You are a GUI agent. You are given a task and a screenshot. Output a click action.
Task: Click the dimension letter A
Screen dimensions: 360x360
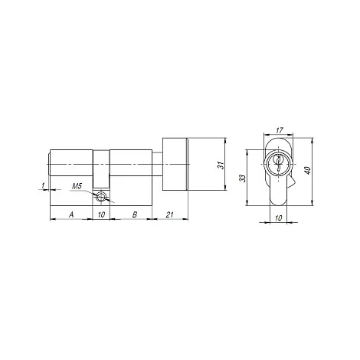coord(71,214)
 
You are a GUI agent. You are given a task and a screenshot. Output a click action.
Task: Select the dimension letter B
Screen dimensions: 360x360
coord(135,214)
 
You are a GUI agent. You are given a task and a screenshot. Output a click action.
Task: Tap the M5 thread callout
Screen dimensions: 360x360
coord(77,186)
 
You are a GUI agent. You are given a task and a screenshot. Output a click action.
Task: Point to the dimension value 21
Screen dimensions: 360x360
coord(169,214)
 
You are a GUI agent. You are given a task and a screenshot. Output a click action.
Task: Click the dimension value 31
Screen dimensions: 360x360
coord(221,165)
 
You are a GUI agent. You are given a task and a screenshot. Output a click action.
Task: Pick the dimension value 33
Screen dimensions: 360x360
coord(243,178)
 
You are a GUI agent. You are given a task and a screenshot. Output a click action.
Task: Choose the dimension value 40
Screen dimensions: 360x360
coord(308,170)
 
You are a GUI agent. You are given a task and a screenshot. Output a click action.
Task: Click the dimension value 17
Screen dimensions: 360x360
coord(280,130)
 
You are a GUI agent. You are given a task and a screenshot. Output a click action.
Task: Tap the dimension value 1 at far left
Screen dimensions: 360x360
coord(43,185)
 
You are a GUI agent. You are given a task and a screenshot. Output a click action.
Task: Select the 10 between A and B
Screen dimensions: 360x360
coord(101,214)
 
